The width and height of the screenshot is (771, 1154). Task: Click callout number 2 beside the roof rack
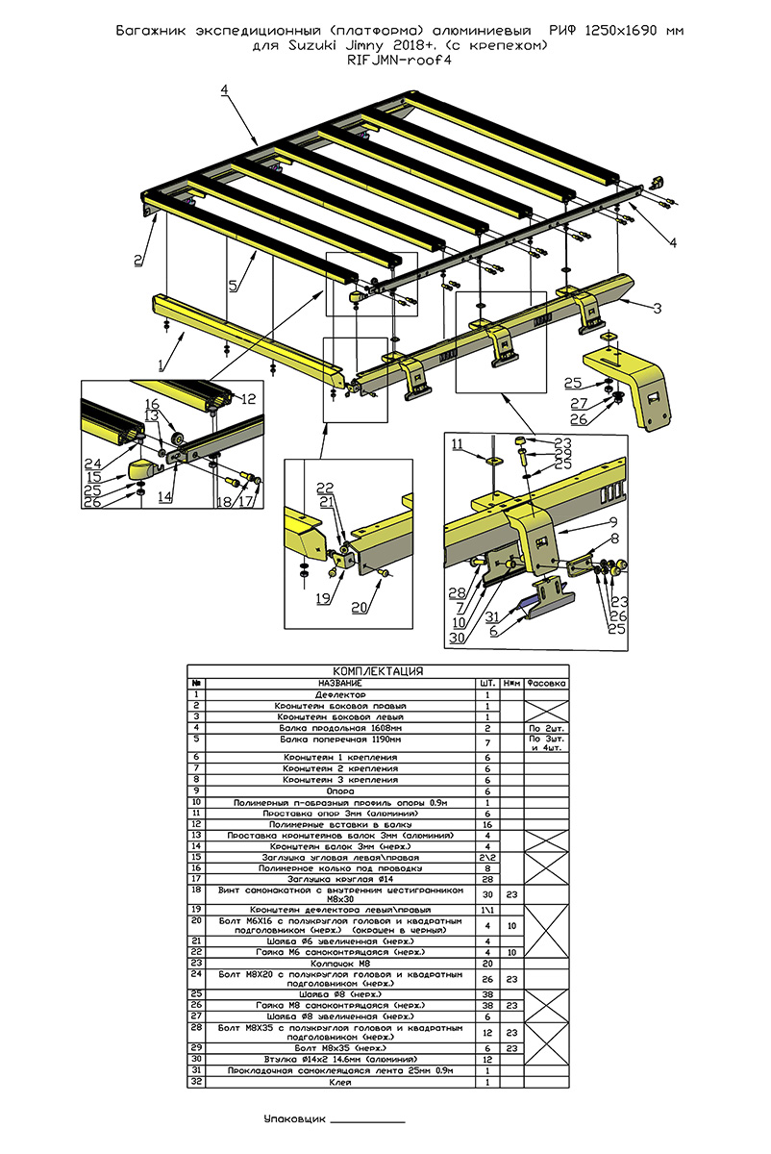pos(138,260)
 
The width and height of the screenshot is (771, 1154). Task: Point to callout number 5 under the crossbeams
pos(232,286)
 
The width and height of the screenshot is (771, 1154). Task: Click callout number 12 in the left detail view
pos(248,399)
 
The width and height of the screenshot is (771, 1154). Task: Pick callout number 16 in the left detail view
pos(151,403)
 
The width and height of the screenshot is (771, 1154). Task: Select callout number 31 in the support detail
pos(491,615)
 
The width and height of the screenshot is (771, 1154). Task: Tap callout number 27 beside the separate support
pos(577,403)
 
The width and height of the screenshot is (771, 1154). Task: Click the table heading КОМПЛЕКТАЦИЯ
pos(378,671)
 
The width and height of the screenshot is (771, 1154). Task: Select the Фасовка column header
pos(547,683)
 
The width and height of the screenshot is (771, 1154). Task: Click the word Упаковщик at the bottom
pos(294,1120)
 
